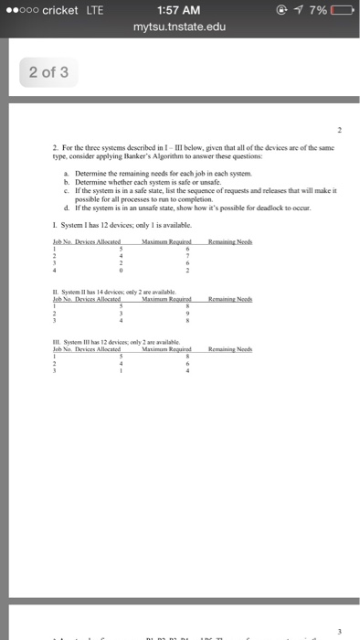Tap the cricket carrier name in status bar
[56, 10]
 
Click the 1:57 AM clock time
[179, 10]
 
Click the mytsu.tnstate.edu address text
[179, 28]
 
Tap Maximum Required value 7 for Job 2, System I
[187, 256]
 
